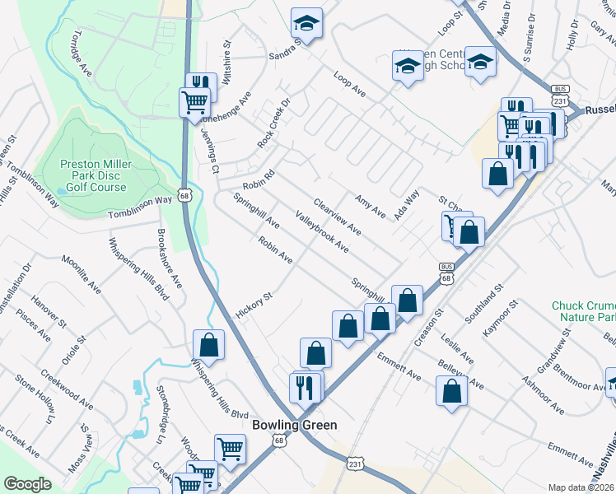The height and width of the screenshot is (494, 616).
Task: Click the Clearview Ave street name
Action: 338,217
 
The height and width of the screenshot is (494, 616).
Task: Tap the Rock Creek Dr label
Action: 274,124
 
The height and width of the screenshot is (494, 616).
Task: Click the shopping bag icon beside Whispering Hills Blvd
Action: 209,345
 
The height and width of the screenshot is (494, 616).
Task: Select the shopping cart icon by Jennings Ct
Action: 195,103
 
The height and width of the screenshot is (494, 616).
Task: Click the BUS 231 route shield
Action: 561,95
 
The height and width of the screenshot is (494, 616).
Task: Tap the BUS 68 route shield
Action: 446,273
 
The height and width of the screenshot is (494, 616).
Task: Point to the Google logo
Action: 27,484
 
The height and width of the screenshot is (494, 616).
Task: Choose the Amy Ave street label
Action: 370,206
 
